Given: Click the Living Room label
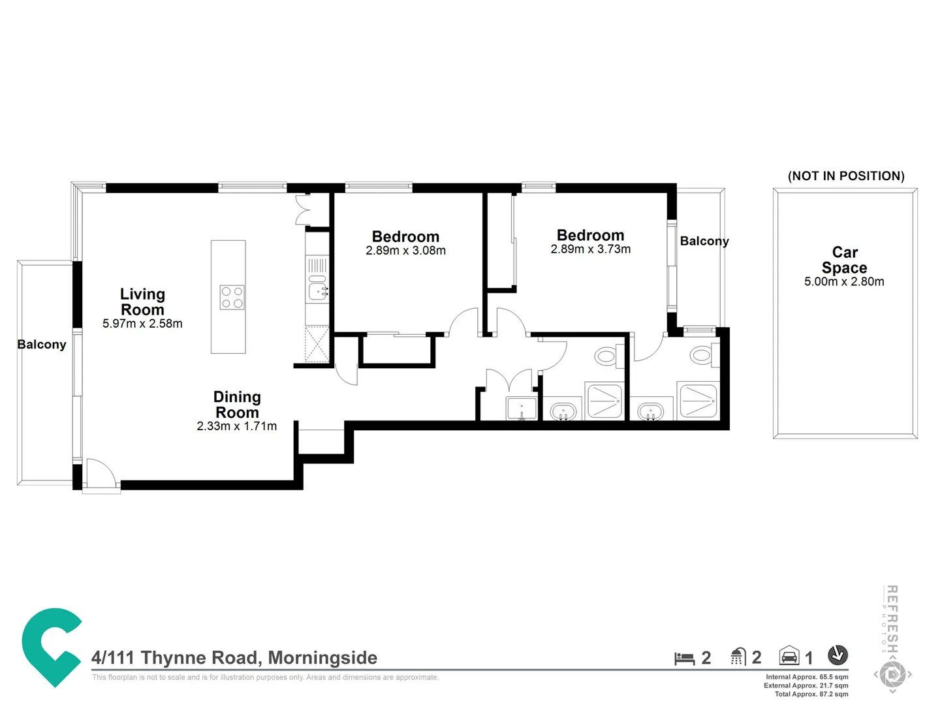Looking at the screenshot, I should click(x=142, y=302).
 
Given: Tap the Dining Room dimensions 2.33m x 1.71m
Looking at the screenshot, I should click(x=236, y=426).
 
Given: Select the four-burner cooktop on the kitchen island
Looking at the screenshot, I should click(x=232, y=298).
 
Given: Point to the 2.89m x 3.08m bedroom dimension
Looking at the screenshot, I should click(x=405, y=251).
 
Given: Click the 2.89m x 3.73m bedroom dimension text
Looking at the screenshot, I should click(x=590, y=249).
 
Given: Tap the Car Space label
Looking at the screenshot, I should click(x=844, y=260).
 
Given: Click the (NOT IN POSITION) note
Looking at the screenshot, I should click(x=846, y=176).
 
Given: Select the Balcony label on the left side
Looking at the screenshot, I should click(x=42, y=345).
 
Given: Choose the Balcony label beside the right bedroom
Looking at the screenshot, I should click(x=704, y=242).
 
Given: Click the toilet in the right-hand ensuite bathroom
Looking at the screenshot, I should click(x=701, y=356).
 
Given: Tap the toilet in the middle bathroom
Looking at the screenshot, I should click(x=606, y=356).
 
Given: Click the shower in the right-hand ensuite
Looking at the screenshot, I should click(x=698, y=401).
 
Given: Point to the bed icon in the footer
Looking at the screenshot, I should click(x=684, y=658).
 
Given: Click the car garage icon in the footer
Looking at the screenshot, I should click(x=789, y=656).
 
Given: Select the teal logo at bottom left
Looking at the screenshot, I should click(x=51, y=646).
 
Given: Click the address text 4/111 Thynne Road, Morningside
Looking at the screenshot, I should click(x=234, y=657).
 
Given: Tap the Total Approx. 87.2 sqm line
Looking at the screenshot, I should click(x=811, y=694).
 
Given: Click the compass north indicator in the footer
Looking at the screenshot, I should click(x=838, y=655).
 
